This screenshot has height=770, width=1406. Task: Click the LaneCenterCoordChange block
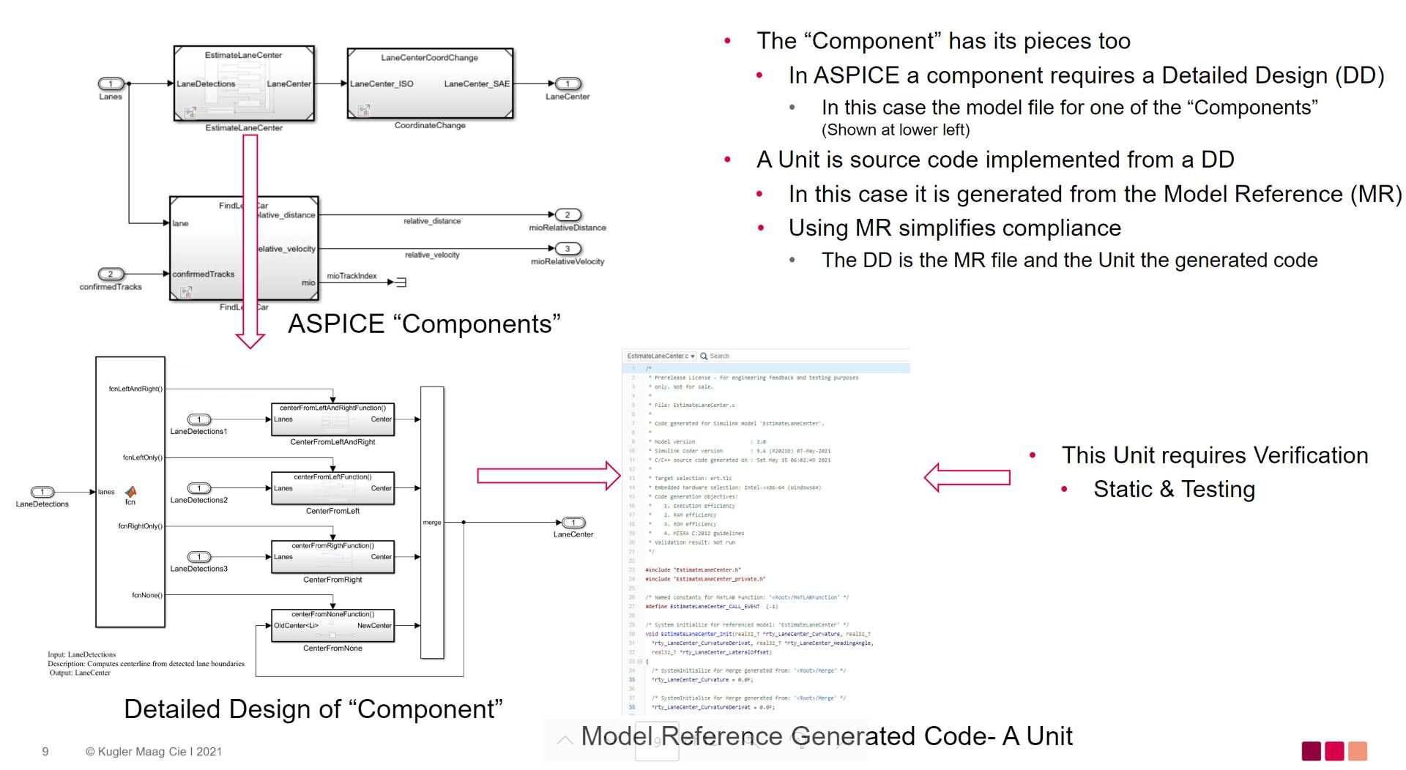tap(430, 83)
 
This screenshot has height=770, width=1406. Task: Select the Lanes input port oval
tap(111, 84)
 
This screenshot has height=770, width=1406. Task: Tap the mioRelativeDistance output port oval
tap(568, 215)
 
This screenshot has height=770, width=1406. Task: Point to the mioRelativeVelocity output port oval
tap(568, 249)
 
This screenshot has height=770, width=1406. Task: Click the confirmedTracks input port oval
tap(111, 274)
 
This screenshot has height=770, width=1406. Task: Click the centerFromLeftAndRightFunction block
tap(332, 419)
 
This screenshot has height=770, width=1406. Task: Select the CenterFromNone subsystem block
tap(332, 626)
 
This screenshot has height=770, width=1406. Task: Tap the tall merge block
tap(432, 522)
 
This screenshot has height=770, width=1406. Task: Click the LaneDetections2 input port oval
tap(199, 488)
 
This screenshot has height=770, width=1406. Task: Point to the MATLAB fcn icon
tap(130, 492)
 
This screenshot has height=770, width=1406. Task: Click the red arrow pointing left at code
tap(967, 477)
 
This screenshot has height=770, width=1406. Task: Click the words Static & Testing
tap(1174, 489)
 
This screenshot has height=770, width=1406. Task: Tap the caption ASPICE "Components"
tap(424, 324)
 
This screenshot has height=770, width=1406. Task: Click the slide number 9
tap(45, 752)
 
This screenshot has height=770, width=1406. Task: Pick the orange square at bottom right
tap(1357, 751)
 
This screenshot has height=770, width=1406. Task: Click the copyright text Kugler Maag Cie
tap(153, 752)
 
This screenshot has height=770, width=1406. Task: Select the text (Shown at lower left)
tap(895, 130)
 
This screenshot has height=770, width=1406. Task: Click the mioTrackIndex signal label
tap(351, 276)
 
